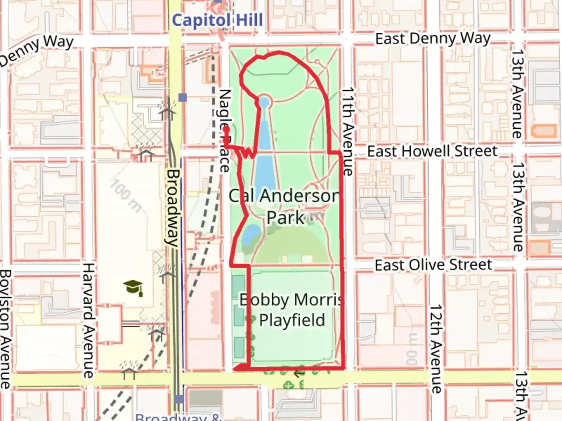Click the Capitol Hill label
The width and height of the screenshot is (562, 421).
click(x=217, y=20)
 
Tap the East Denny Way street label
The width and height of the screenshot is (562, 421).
click(x=432, y=39)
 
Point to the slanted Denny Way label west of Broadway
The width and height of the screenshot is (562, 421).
click(x=37, y=50)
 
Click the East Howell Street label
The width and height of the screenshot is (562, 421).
click(x=432, y=151)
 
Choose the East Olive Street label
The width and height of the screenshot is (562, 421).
click(x=433, y=265)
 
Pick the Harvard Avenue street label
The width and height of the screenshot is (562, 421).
click(x=89, y=320)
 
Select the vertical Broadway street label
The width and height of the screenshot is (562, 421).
click(x=173, y=207)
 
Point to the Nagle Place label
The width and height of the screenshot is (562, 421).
click(x=225, y=131)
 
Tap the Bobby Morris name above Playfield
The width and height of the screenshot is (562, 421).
click(x=291, y=300)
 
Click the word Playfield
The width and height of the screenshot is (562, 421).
click(x=292, y=320)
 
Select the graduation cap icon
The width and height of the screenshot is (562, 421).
click(x=133, y=288)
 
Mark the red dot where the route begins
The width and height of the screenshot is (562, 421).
click(x=226, y=128)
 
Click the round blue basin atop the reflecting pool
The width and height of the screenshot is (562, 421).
click(x=264, y=103)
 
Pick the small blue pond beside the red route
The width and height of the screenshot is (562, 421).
click(x=250, y=233)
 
